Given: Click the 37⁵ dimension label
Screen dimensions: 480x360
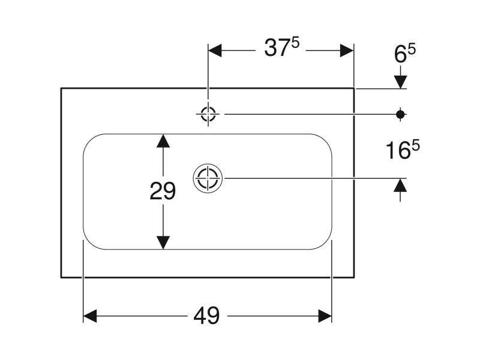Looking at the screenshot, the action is point(281,47).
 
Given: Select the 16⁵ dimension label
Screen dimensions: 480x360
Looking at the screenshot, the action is point(402,149).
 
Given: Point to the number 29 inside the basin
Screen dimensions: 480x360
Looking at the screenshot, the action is point(163,191).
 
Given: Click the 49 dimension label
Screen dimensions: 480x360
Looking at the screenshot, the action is point(206,316).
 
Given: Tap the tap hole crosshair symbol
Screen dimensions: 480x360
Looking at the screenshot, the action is point(208,114).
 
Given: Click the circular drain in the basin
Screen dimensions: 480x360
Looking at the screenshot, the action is point(208,178).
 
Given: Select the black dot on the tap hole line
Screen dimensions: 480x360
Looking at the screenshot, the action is point(400,115).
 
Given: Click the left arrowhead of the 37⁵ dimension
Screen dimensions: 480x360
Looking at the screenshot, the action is point(215,50).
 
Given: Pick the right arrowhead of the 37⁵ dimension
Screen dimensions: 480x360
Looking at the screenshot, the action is point(347,50).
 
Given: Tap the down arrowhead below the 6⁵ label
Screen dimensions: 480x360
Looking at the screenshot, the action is point(400,82).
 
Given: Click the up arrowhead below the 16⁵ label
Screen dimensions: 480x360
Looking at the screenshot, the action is point(400,185).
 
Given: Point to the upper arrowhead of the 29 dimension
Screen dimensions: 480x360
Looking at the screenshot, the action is point(163,141).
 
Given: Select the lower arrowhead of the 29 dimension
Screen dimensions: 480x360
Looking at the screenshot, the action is point(163,242).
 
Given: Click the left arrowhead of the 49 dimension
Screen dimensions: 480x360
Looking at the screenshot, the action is point(91,316).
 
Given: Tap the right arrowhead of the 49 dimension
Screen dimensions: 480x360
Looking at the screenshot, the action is point(325,316).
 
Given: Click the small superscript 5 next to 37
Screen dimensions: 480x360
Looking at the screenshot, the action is point(295,43).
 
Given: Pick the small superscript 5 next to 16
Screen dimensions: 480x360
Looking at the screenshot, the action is point(415,145).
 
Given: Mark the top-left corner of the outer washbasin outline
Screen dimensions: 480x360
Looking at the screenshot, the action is point(61,88).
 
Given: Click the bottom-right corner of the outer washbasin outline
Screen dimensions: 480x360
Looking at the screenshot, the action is point(354,278).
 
